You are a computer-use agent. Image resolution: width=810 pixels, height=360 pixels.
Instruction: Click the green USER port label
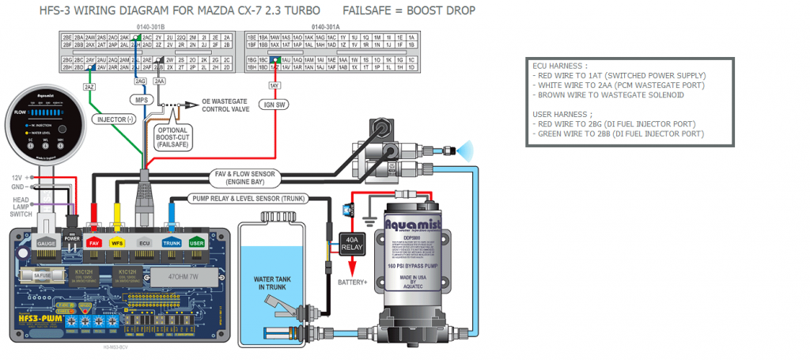[197, 243]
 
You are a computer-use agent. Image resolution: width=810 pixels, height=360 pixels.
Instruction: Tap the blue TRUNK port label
[172, 243]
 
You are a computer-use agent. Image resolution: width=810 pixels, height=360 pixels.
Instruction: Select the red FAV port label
[94, 243]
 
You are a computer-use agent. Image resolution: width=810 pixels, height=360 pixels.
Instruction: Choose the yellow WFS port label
[117, 243]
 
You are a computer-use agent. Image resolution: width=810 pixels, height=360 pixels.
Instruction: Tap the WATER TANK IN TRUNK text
[273, 283]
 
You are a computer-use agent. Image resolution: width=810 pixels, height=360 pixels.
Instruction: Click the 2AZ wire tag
[89, 85]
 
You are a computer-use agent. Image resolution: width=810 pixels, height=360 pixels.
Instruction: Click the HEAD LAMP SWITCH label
[21, 207]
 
